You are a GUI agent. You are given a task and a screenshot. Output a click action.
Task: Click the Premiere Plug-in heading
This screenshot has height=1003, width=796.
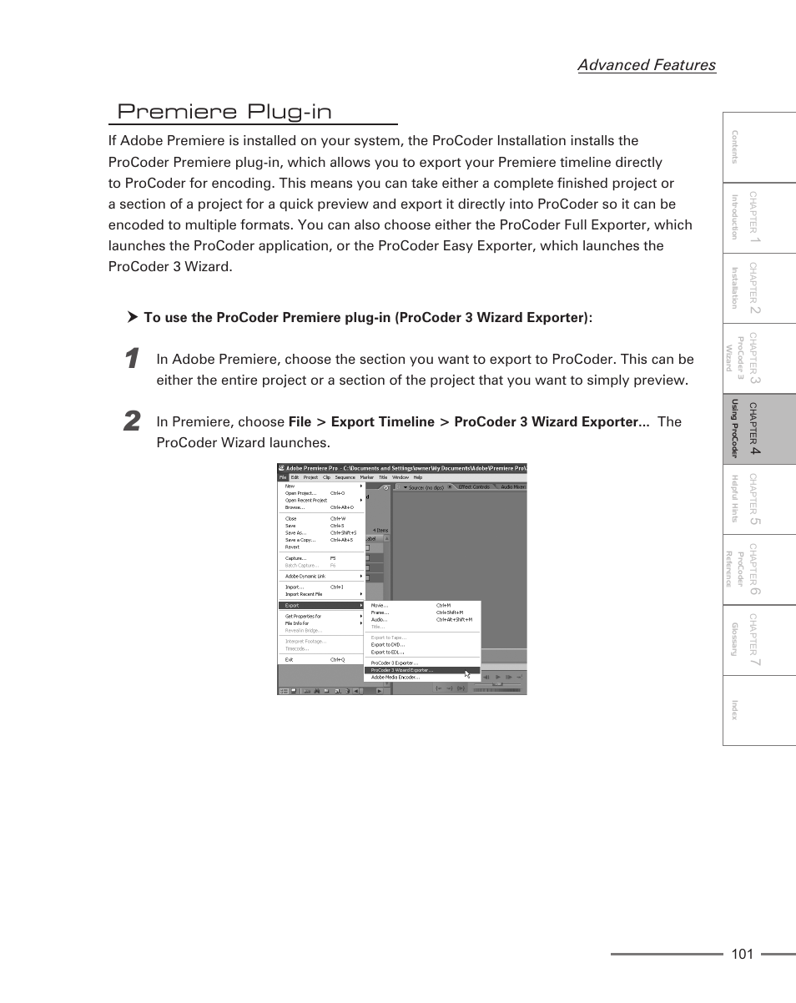pyautogui.click(x=224, y=112)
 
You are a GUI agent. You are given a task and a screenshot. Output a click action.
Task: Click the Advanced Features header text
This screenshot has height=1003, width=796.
pyautogui.click(x=646, y=65)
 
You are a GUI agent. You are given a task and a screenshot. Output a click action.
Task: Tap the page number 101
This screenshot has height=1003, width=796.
pyautogui.click(x=742, y=954)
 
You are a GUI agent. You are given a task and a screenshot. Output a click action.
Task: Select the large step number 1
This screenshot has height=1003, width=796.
pyautogui.click(x=130, y=360)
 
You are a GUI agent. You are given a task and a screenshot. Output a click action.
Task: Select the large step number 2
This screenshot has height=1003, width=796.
pyautogui.click(x=131, y=422)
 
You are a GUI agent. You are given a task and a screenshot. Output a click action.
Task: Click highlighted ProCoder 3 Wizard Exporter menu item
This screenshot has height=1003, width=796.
pyautogui.click(x=402, y=670)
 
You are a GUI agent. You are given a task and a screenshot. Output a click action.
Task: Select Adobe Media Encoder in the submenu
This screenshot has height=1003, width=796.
pyautogui.click(x=395, y=678)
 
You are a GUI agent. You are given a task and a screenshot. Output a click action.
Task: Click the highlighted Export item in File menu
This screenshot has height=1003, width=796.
pyautogui.click(x=292, y=606)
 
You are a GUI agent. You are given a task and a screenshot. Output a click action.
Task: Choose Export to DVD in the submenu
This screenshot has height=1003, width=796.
pyautogui.click(x=388, y=645)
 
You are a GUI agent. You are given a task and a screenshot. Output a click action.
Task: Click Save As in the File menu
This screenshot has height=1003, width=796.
pyautogui.click(x=295, y=532)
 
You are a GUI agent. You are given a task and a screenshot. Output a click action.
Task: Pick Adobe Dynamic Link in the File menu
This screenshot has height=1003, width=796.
pyautogui.click(x=305, y=576)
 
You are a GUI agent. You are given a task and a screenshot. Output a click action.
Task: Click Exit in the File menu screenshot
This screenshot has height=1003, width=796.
pyautogui.click(x=290, y=659)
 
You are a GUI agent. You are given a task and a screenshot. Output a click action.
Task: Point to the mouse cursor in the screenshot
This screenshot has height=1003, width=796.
pyautogui.click(x=467, y=674)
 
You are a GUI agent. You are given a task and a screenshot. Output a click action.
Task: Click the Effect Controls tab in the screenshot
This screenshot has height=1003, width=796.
pyautogui.click(x=475, y=486)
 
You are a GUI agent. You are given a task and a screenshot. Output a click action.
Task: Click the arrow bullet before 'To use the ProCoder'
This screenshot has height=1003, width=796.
pyautogui.click(x=132, y=317)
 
